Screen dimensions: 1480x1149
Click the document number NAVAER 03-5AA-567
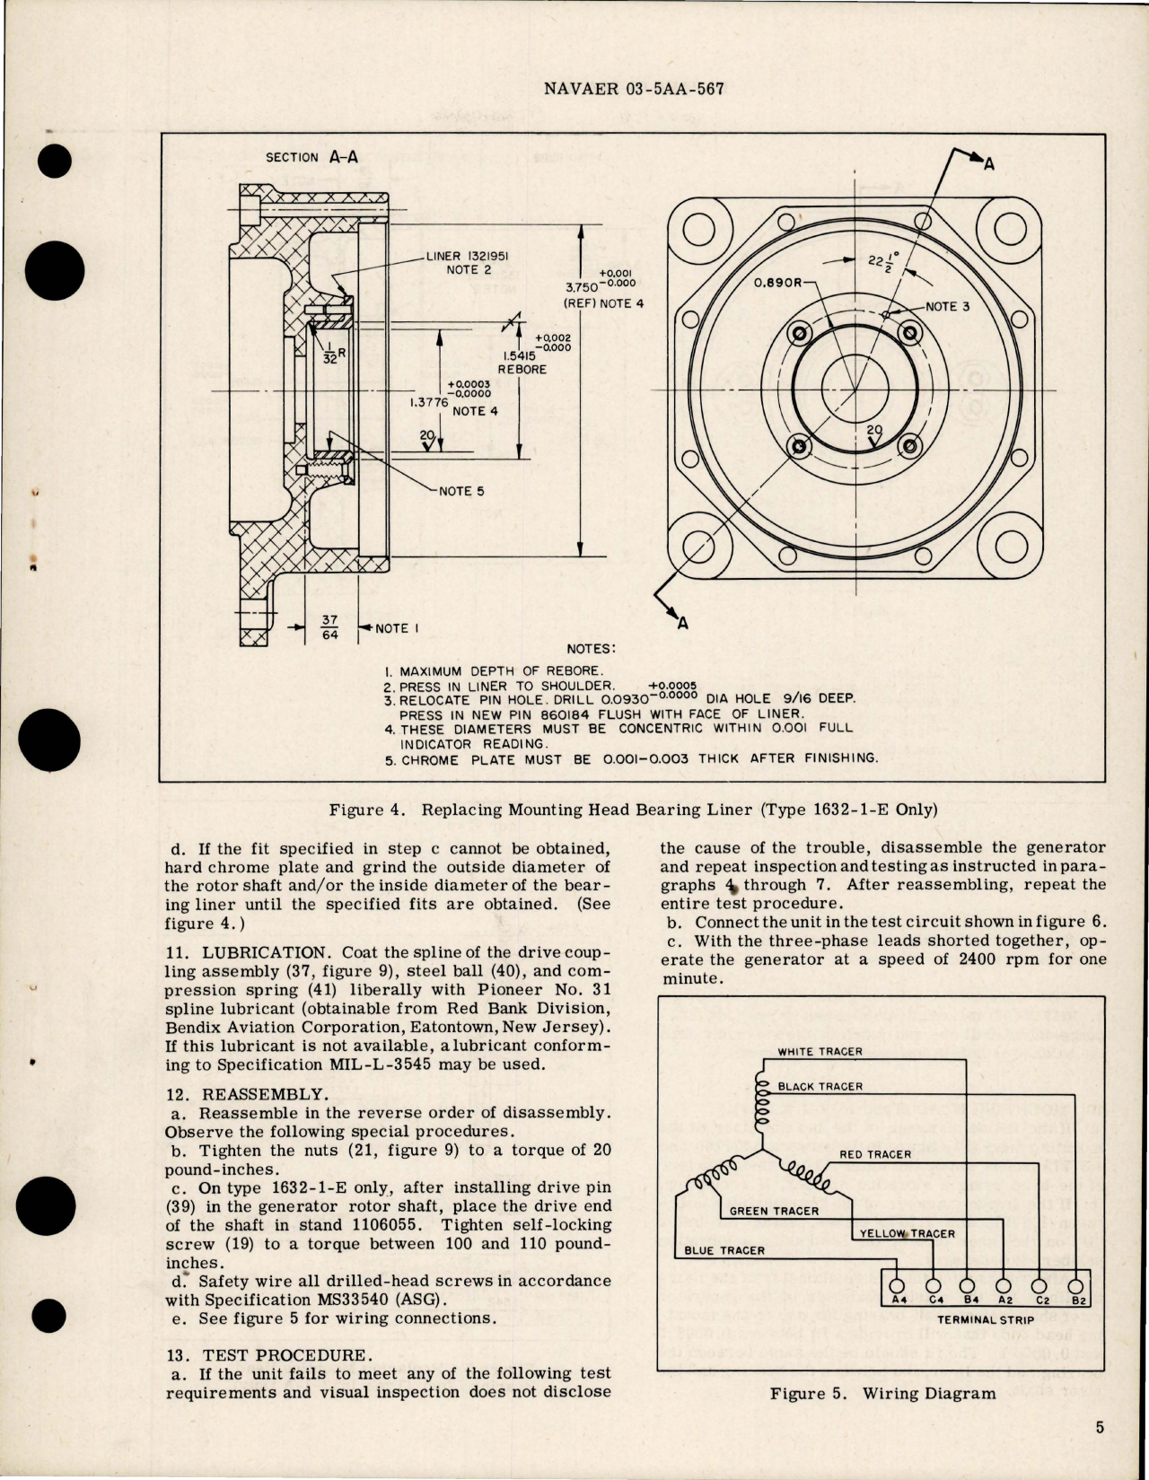(634, 89)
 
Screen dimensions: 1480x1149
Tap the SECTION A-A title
(311, 157)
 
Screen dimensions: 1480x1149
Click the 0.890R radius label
(777, 282)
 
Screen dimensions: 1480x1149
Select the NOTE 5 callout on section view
(461, 491)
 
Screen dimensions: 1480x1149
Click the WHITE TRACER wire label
(820, 1051)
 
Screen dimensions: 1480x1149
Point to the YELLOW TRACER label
(907, 1233)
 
